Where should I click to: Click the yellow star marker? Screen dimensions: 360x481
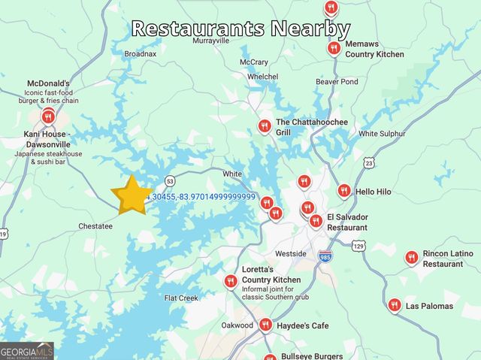tap(131, 195)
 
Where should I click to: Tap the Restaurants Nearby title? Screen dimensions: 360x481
tap(240, 29)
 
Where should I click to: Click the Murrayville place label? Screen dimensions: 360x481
tap(210, 41)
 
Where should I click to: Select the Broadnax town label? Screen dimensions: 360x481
tap(141, 54)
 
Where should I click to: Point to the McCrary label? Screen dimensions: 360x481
tap(254, 62)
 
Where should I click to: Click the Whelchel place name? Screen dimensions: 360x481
tap(262, 77)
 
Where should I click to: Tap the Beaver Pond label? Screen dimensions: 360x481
tap(337, 81)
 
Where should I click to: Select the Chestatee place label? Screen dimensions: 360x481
tap(95, 225)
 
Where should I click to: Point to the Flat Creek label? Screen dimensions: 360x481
tap(181, 298)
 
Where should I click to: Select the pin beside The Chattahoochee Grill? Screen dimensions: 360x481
tap(265, 126)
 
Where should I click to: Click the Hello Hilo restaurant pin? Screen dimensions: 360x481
tap(344, 191)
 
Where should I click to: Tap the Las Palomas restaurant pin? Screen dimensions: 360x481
tap(395, 304)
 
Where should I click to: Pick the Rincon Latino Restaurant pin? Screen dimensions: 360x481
tap(411, 258)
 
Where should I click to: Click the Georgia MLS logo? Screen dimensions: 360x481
tap(27, 351)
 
